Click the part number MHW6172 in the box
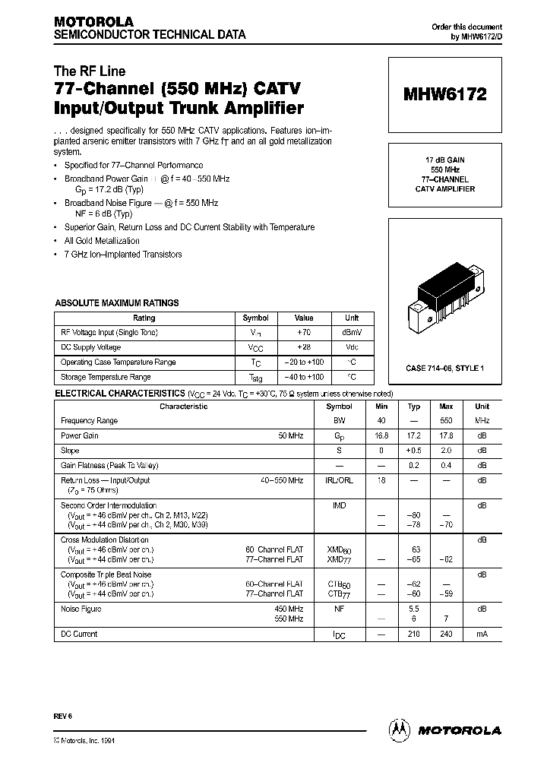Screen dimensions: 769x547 [x=445, y=95]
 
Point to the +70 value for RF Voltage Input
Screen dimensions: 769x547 [x=303, y=332]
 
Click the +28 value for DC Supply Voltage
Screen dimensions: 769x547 [x=303, y=347]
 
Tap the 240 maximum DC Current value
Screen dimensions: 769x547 [x=446, y=634]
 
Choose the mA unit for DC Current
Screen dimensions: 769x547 [x=482, y=634]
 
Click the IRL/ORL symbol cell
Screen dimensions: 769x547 [x=339, y=480]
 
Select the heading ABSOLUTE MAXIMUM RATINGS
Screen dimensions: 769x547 [x=116, y=303]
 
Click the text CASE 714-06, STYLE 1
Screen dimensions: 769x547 [x=445, y=368]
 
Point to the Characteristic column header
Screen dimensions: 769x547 [x=183, y=407]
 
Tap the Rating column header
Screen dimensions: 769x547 [x=144, y=318]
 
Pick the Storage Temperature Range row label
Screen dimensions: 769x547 [x=106, y=377]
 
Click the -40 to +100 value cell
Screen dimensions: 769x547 [x=303, y=377]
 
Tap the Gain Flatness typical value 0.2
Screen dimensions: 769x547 [x=414, y=465]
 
